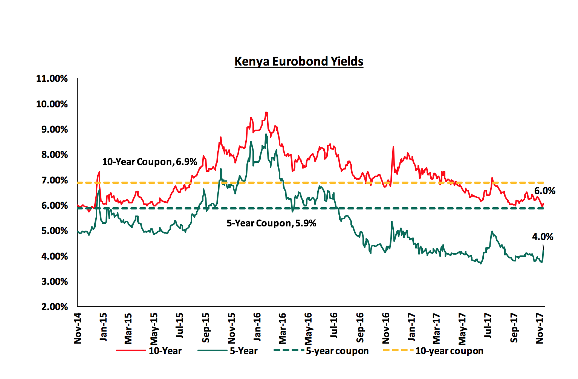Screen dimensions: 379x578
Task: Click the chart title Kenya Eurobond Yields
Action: (299, 61)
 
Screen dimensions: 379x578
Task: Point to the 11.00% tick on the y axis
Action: (52, 79)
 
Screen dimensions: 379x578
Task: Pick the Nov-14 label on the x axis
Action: (78, 328)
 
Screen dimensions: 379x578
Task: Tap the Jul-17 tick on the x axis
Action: (488, 326)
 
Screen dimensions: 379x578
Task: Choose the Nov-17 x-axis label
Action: (540, 328)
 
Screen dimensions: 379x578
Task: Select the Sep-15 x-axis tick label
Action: (206, 327)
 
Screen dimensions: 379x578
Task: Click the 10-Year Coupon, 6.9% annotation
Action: (150, 162)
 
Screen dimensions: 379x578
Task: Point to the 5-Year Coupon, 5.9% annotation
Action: (271, 223)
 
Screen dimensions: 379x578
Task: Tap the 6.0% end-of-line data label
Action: (544, 191)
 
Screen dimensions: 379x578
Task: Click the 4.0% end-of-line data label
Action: (543, 237)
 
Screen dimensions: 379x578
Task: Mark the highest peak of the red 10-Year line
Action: (266, 112)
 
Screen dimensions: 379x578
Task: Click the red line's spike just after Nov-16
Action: (393, 147)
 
